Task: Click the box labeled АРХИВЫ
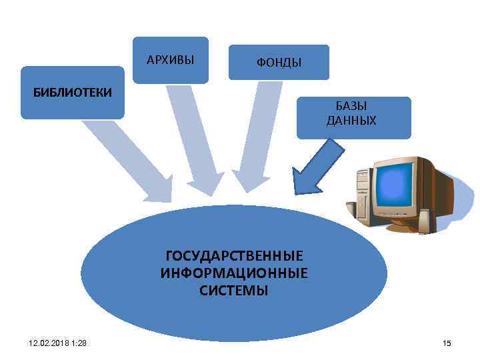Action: (170, 60)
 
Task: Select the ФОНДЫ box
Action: (279, 63)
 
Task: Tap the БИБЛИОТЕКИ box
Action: (72, 92)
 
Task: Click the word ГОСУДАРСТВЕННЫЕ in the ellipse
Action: (234, 256)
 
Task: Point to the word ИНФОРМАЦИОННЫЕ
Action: (234, 273)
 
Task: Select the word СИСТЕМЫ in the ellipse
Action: (234, 291)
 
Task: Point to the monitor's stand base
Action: (407, 227)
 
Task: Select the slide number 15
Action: (447, 343)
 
